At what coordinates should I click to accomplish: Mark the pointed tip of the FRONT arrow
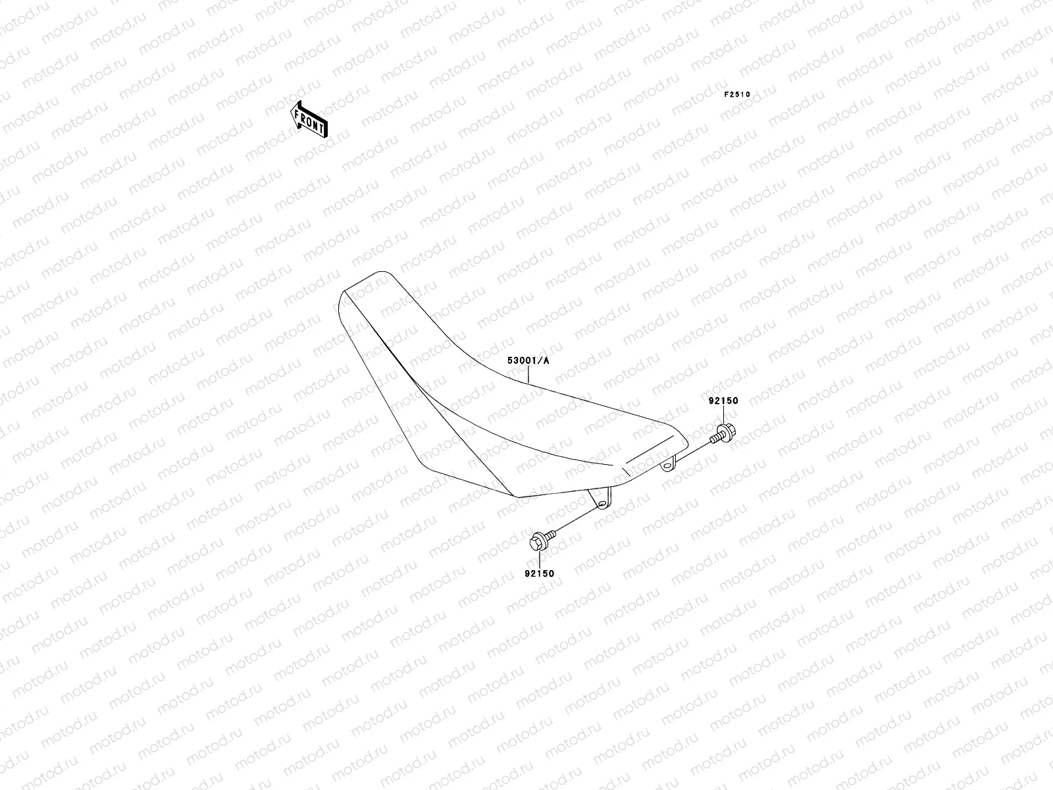click(x=291, y=109)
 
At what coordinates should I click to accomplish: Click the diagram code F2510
click(x=737, y=94)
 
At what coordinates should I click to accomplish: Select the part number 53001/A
click(x=527, y=361)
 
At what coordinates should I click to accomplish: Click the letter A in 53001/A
click(x=545, y=361)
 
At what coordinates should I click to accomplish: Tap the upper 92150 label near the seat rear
click(x=723, y=401)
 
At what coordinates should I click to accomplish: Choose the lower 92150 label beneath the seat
click(x=539, y=573)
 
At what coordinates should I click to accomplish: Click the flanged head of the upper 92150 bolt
click(x=727, y=432)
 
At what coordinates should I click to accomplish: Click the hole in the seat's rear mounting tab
click(x=667, y=465)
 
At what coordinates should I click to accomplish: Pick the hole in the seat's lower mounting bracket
click(x=601, y=503)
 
